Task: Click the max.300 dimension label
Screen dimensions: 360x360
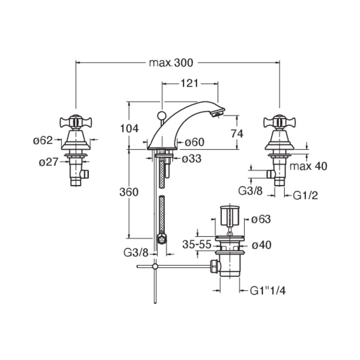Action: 171,63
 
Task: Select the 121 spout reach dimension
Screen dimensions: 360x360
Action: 189,84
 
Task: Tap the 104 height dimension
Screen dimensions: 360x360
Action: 130,129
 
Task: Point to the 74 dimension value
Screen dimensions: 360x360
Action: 237,134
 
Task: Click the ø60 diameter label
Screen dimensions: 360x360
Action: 195,142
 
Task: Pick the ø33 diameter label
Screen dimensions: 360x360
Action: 192,159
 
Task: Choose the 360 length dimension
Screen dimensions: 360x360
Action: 129,192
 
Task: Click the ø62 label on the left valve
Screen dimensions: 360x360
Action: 43,140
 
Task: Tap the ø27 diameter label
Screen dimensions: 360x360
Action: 49,162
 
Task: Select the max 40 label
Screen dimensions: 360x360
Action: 308,166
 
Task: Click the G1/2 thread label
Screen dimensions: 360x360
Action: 306,196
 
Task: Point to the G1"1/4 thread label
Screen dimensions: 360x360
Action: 268,291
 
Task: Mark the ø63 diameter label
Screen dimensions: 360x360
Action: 261,219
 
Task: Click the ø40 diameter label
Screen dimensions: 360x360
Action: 261,245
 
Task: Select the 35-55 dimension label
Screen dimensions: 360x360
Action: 197,244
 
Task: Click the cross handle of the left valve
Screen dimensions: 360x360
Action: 76,121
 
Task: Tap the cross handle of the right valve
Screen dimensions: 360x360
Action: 279,121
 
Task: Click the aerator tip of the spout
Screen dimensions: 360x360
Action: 218,113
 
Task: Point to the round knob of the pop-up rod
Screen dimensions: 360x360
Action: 162,115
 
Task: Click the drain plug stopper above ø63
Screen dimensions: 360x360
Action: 229,216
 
